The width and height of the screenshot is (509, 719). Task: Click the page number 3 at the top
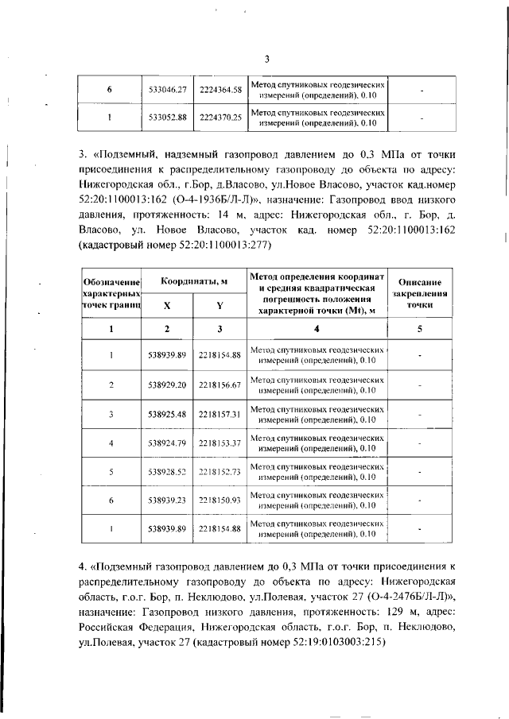pyautogui.click(x=267, y=58)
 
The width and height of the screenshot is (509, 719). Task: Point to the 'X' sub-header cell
pyautogui.click(x=167, y=306)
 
